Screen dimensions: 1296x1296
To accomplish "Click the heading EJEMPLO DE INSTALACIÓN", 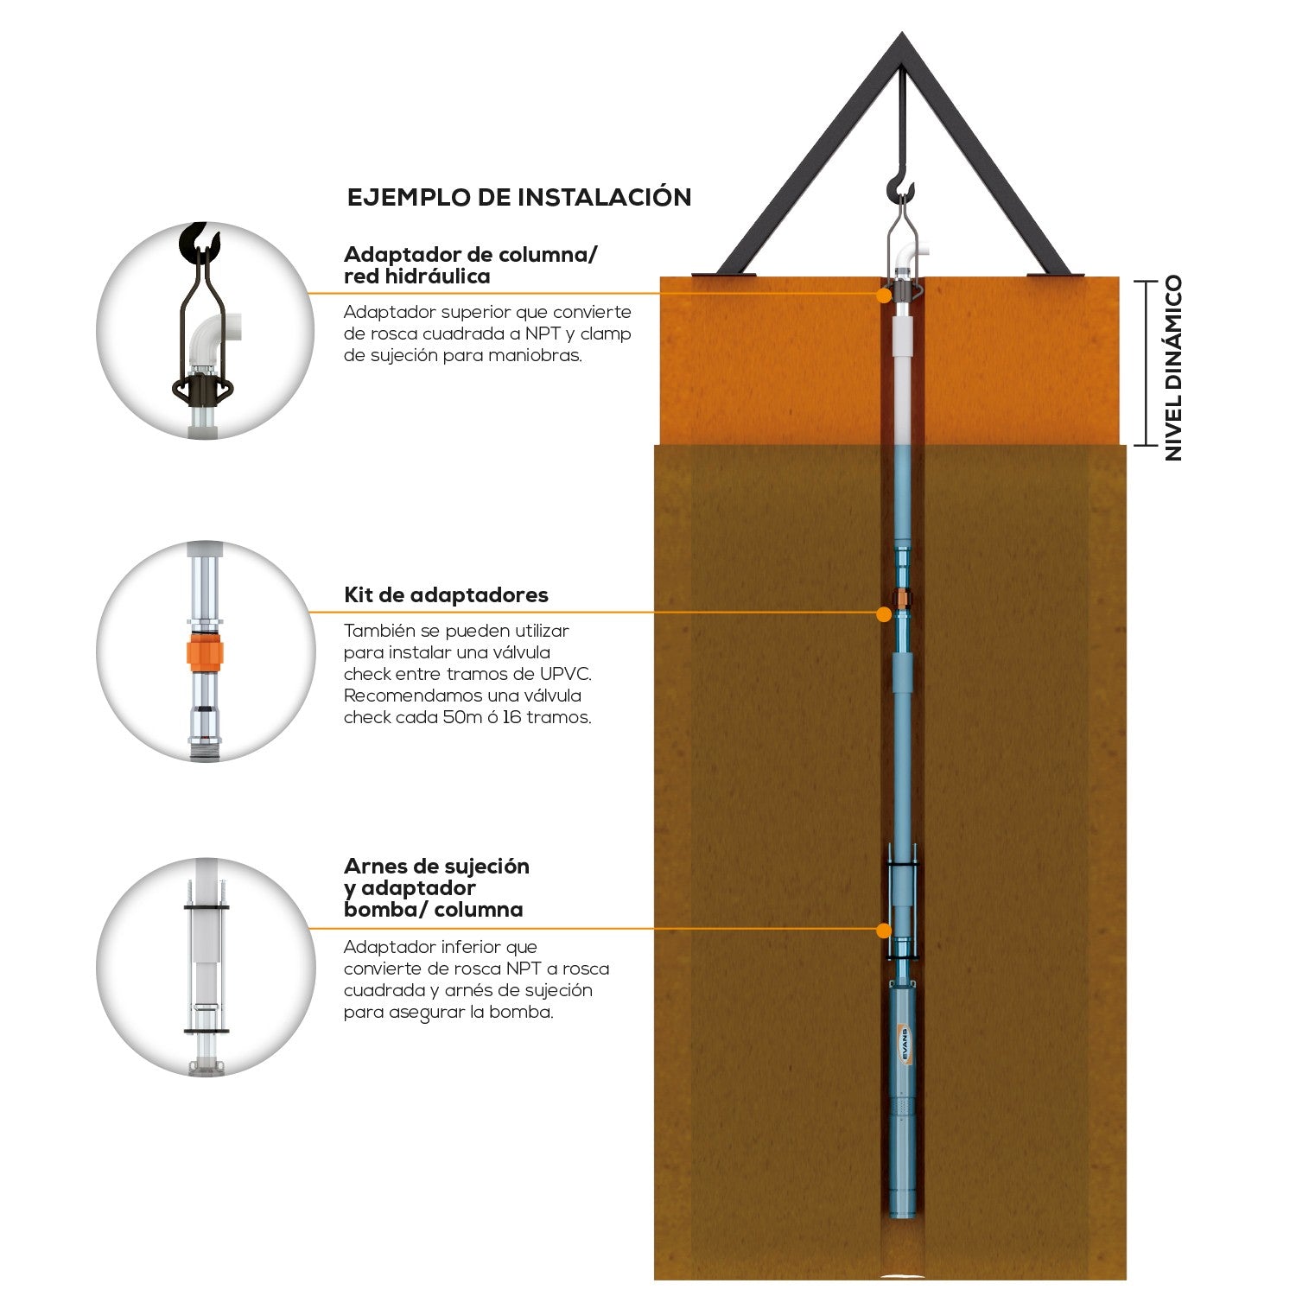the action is click(519, 197).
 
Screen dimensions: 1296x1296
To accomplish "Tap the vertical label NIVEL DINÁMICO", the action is click(1173, 368).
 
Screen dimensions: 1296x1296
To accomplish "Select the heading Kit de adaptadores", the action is click(446, 595).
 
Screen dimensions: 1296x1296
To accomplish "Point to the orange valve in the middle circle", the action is click(206, 653).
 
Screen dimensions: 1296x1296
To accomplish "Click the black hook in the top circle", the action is click(199, 242).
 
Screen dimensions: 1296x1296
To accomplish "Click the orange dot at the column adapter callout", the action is click(883, 295).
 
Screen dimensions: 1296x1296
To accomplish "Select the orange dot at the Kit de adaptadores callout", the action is click(883, 613).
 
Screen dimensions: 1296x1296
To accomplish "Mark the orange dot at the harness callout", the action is click(883, 931).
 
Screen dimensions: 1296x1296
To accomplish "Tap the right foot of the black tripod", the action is click(1056, 274).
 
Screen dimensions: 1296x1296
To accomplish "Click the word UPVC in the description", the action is click(565, 674).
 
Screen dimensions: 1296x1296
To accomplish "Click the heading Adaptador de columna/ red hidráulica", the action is click(470, 265).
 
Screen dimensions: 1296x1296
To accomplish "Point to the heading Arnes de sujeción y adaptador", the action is click(436, 877).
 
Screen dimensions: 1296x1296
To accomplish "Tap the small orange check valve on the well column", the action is click(902, 598).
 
